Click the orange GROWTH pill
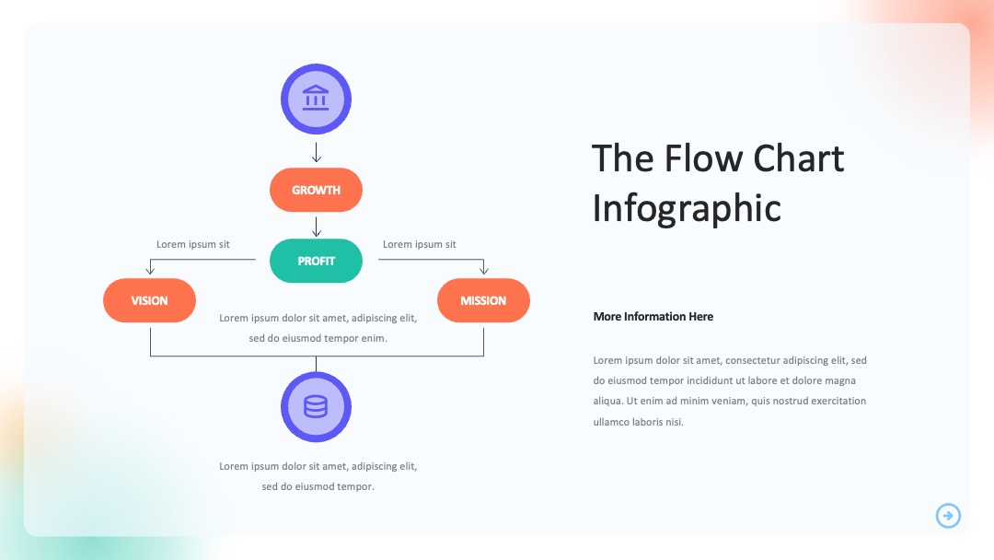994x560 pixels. click(316, 190)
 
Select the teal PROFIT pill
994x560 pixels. click(316, 261)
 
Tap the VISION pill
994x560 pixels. click(150, 300)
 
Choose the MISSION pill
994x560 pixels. click(484, 300)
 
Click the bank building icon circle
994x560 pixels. click(316, 99)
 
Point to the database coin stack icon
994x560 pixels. click(316, 406)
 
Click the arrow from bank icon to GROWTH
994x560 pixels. click(317, 152)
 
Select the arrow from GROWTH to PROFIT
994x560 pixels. click(317, 227)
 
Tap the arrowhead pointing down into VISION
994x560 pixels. click(150, 270)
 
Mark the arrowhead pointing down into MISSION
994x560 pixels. click(484, 270)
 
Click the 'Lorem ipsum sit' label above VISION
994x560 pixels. click(192, 244)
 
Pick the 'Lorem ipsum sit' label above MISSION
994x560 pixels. click(419, 244)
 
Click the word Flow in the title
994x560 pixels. click(703, 157)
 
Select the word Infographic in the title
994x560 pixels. click(687, 209)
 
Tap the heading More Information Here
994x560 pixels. click(653, 317)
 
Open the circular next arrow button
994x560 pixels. click(948, 516)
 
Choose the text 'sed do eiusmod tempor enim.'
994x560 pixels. click(318, 338)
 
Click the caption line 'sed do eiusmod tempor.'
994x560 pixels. click(318, 486)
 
